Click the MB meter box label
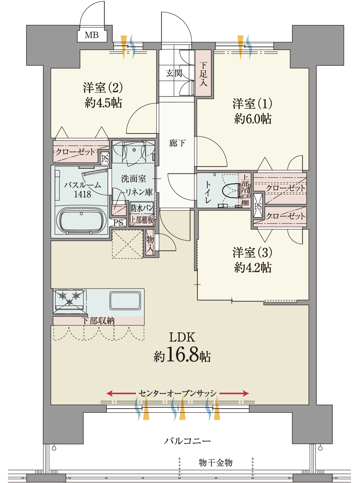[x=92, y=35]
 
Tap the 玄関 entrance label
[x=174, y=73]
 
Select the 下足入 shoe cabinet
[x=203, y=73]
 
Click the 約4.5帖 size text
[x=103, y=103]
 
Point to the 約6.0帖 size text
[x=252, y=119]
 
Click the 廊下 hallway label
[x=177, y=143]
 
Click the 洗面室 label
[x=133, y=178]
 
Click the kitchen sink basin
[x=125, y=301]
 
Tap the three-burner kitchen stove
[x=69, y=301]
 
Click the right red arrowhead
[x=246, y=394]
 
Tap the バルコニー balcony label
[x=187, y=440]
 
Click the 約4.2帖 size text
[x=252, y=268]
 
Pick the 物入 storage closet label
[x=150, y=243]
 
